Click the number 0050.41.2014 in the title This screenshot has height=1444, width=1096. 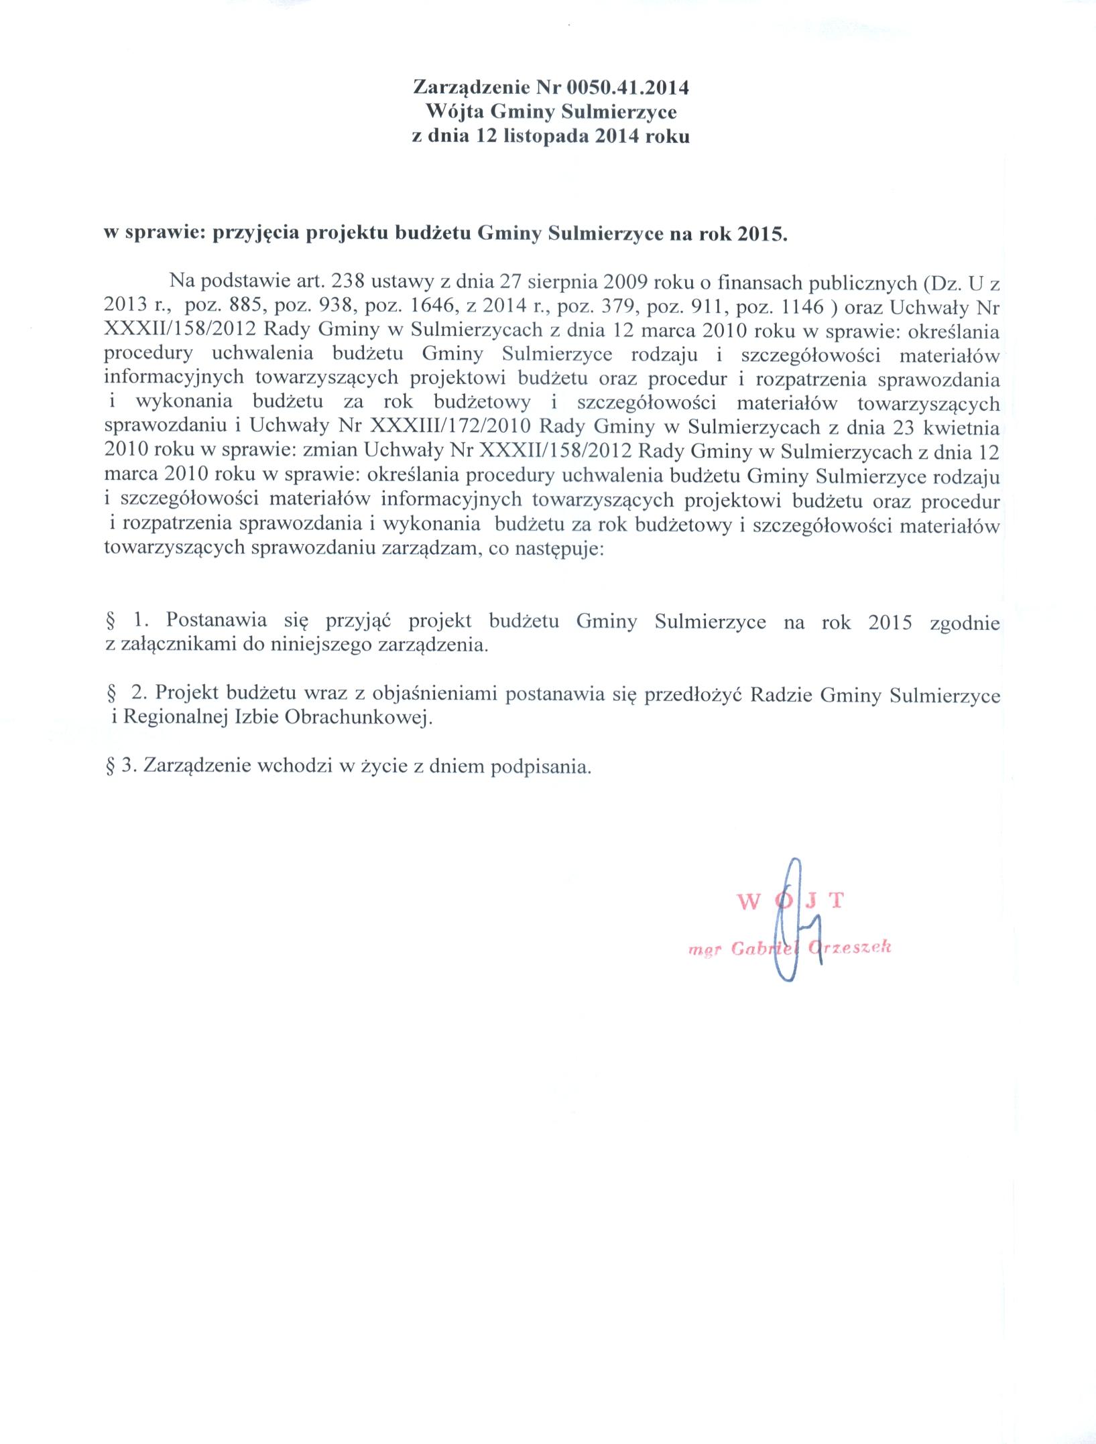pos(627,87)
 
